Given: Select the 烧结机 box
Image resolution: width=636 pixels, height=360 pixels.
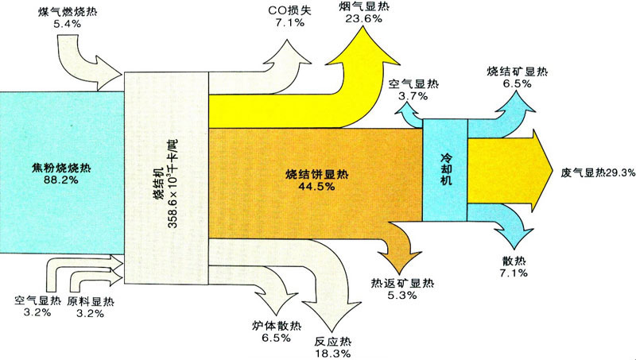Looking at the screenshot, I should [165, 178].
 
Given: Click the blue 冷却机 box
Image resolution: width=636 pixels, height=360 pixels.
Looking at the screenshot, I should [444, 169].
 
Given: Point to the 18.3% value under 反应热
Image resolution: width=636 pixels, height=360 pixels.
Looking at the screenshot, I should [332, 352].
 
